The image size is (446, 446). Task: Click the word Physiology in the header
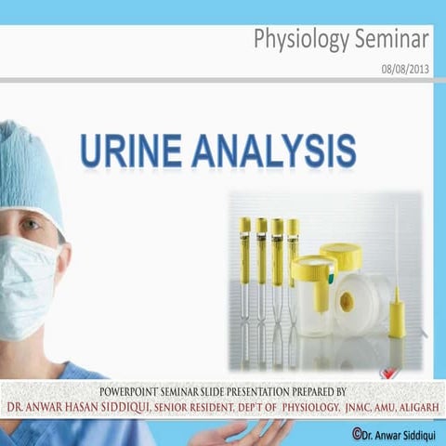pyautogui.click(x=297, y=40)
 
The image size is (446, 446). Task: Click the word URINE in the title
pyautogui.click(x=130, y=151)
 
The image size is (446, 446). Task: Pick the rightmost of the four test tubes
pyautogui.click(x=293, y=256)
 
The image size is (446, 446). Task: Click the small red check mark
pyautogui.click(x=388, y=373)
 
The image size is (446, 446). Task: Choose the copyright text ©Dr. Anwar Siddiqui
pyautogui.click(x=390, y=434)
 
